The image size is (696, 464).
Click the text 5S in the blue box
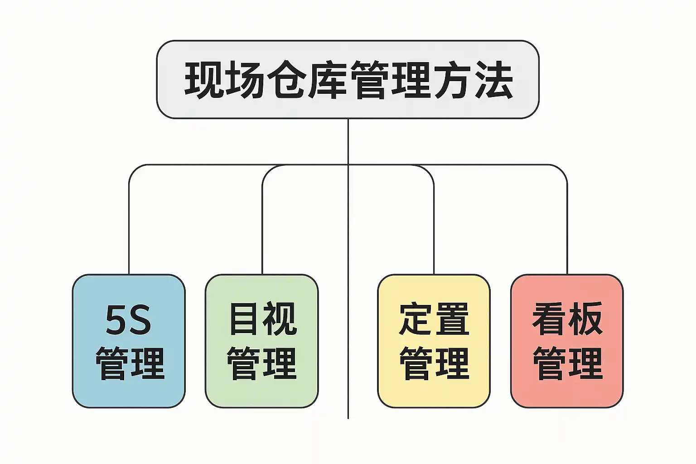(x=129, y=319)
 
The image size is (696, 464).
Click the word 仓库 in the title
(x=307, y=80)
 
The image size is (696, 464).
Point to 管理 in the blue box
(x=130, y=363)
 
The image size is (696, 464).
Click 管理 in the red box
(x=567, y=363)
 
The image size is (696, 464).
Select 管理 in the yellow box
(x=434, y=363)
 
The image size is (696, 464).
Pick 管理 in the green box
(x=262, y=363)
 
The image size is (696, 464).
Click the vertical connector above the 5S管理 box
(x=129, y=227)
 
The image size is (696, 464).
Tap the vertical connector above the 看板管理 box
(x=567, y=227)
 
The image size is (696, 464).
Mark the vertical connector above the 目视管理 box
(x=262, y=227)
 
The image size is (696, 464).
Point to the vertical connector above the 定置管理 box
(x=434, y=227)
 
